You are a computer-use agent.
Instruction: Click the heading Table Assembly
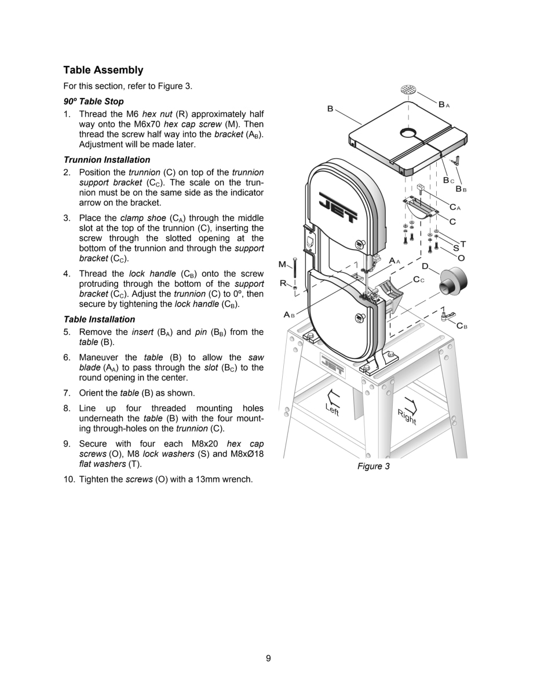click(x=103, y=70)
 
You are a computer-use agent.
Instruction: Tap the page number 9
click(x=268, y=658)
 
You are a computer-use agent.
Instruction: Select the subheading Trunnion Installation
click(x=107, y=160)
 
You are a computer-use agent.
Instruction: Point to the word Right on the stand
click(x=407, y=416)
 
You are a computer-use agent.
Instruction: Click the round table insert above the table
click(x=409, y=90)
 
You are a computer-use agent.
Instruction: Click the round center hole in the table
click(x=408, y=134)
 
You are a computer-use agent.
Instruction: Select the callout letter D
click(x=425, y=266)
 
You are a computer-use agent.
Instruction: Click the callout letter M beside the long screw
click(x=282, y=265)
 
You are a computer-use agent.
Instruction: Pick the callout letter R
click(x=283, y=283)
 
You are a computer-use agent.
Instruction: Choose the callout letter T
click(x=463, y=244)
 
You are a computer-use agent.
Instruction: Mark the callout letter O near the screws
click(x=461, y=258)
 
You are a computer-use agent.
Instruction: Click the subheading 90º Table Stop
click(x=93, y=101)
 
